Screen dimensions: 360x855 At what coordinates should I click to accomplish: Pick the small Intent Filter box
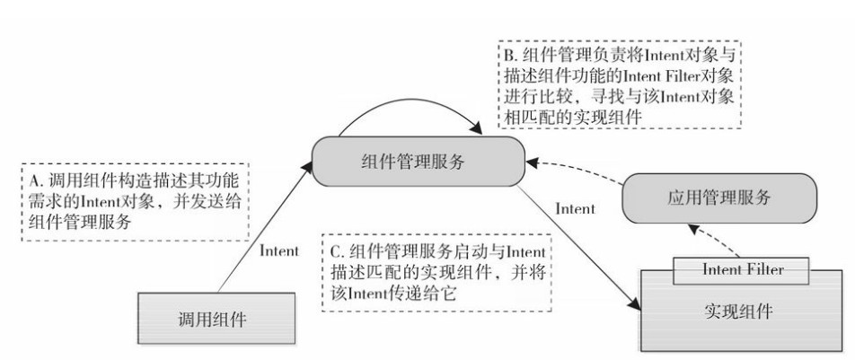(742, 268)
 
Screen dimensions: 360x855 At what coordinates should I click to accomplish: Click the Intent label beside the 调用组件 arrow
(278, 251)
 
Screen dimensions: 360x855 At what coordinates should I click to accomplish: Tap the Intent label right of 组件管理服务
(575, 208)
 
